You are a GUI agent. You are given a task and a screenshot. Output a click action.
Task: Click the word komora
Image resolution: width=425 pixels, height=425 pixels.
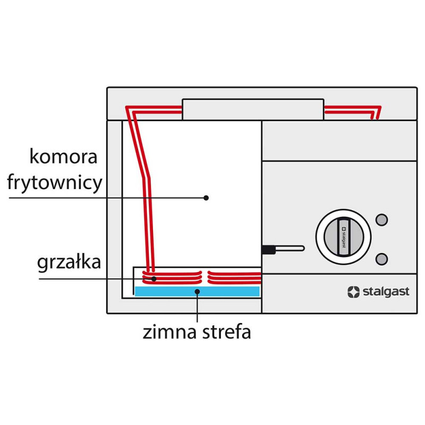coord(64,158)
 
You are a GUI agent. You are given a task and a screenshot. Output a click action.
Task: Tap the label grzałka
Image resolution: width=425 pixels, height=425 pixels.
coord(69,262)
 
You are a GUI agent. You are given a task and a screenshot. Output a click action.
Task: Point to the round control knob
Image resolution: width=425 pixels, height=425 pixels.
coord(343,236)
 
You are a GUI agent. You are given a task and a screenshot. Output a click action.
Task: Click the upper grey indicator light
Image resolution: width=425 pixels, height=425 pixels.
coord(381,219)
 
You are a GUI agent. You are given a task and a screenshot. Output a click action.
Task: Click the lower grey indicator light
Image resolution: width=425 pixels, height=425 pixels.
coord(381,259)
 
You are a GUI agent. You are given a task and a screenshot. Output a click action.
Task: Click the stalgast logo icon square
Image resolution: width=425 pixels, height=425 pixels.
coord(353,292)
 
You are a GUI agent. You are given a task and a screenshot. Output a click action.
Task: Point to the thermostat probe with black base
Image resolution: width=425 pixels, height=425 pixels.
coord(282,248)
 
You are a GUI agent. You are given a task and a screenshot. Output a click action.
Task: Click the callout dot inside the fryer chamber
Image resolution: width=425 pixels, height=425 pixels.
coord(206,198)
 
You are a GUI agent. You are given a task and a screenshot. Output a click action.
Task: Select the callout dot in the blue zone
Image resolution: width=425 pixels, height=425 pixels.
coord(197,291)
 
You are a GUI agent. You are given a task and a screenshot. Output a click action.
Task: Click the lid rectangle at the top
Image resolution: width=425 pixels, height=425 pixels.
coord(253,109)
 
